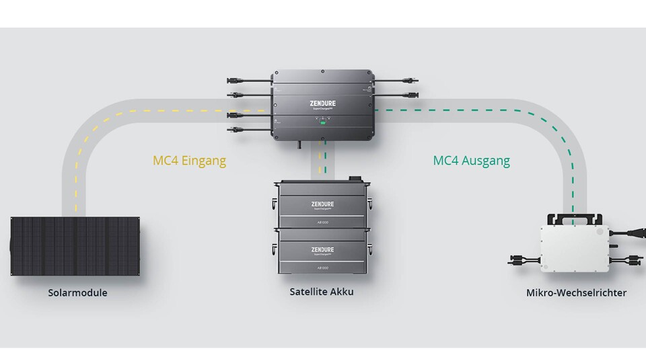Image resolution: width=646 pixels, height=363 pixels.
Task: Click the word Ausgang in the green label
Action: coord(488,161)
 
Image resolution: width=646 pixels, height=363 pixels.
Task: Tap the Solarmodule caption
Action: coord(77,293)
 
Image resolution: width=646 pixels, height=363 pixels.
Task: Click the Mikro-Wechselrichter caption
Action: coord(576,293)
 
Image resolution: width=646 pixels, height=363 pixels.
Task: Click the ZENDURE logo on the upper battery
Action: coord(322,204)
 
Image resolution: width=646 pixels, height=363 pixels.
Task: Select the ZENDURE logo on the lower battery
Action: coord(322,249)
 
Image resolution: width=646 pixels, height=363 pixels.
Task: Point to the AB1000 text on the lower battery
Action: coord(322,267)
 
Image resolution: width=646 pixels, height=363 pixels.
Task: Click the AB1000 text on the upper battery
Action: coord(322,223)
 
